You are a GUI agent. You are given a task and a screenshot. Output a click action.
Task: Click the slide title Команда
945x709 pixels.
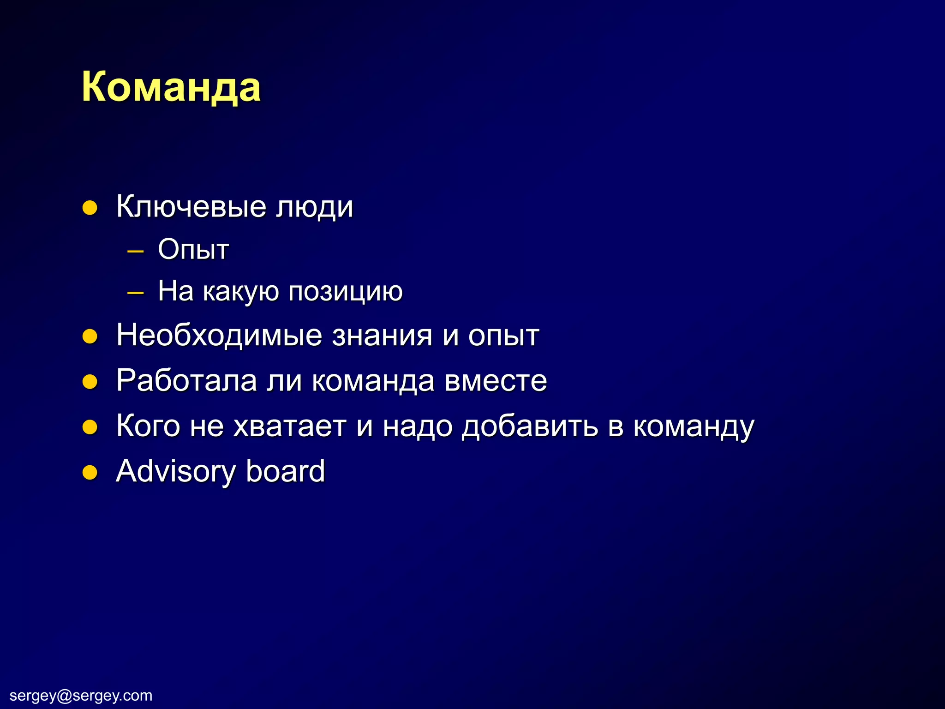pyautogui.click(x=171, y=88)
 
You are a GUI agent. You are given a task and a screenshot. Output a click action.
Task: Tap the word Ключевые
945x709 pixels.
pyautogui.click(x=191, y=207)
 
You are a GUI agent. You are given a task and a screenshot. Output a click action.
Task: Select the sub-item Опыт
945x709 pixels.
pyautogui.click(x=193, y=250)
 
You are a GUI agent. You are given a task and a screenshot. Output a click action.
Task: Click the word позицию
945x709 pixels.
pyautogui.click(x=345, y=292)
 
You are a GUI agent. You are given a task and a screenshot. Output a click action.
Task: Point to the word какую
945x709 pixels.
pyautogui.click(x=240, y=292)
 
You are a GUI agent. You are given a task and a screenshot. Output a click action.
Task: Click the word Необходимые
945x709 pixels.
pyautogui.click(x=219, y=336)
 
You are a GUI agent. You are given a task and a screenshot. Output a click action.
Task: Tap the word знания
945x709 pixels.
pyautogui.click(x=382, y=336)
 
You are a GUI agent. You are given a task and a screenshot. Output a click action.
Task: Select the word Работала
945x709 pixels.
pyautogui.click(x=186, y=381)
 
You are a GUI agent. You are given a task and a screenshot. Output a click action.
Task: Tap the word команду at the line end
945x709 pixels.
pyautogui.click(x=693, y=427)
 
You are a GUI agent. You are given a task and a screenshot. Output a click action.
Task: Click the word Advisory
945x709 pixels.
pyautogui.click(x=176, y=471)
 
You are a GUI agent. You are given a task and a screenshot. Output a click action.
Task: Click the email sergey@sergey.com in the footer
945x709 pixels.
pyautogui.click(x=81, y=695)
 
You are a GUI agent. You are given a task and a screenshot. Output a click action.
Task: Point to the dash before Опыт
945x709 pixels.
pyautogui.click(x=135, y=252)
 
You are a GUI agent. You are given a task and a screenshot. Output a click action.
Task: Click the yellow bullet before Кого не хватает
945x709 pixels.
pyautogui.click(x=90, y=427)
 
